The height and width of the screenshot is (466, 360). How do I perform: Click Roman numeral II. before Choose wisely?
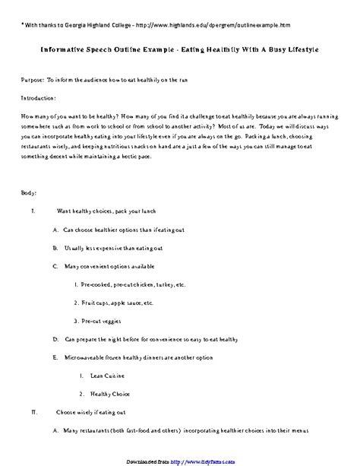click(x=33, y=414)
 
